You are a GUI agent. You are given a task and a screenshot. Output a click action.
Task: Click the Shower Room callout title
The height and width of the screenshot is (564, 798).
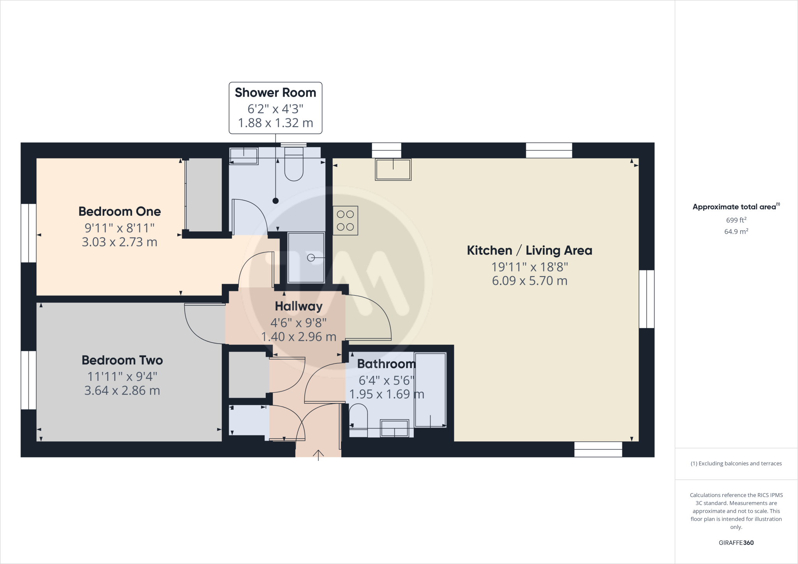[x=275, y=93]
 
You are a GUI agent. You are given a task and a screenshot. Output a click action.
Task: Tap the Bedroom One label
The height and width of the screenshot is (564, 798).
[x=120, y=211]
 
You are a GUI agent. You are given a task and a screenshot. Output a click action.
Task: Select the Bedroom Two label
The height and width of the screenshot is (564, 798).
[x=122, y=360]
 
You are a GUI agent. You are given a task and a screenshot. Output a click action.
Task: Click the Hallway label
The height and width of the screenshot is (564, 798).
[x=298, y=307]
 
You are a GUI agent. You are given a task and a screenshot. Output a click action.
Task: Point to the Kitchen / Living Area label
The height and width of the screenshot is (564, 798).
[x=529, y=250]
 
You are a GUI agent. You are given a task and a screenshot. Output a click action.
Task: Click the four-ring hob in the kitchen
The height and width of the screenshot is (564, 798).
[x=345, y=220]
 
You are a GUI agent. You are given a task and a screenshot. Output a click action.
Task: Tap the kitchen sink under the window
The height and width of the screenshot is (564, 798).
[x=393, y=169]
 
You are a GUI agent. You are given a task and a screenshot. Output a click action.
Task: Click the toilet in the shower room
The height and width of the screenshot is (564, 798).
[x=294, y=166]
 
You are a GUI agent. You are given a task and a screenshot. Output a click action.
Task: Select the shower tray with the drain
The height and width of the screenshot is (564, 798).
[x=306, y=257]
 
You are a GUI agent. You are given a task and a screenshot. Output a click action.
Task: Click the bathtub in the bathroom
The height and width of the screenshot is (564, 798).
[x=430, y=390]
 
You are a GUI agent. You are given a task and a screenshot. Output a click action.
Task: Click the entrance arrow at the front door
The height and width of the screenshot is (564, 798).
[x=318, y=455]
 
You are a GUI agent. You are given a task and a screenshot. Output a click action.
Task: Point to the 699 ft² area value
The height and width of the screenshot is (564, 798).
[x=736, y=220]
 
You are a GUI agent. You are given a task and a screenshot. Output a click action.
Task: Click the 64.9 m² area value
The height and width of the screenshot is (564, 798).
[x=736, y=231]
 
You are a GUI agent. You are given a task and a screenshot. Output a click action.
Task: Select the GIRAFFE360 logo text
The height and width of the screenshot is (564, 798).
[x=736, y=543]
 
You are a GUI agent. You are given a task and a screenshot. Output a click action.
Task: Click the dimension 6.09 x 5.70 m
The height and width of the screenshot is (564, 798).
[x=529, y=281]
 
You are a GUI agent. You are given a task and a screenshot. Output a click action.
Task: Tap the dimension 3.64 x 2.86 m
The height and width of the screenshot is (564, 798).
[x=122, y=391]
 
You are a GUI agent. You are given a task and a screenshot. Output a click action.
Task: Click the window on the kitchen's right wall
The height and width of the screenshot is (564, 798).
[x=646, y=299]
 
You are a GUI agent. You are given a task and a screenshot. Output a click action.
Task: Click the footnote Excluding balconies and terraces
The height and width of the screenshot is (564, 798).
[x=736, y=464]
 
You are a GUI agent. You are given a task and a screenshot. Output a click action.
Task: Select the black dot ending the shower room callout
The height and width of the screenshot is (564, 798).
[x=275, y=201]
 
